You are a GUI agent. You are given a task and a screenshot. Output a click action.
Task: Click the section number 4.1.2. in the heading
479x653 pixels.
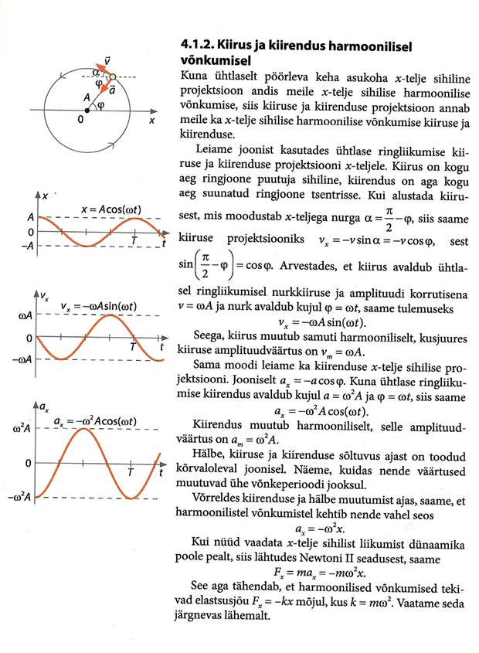[x=190, y=46]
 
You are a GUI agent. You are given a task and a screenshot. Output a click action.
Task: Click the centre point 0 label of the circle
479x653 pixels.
[x=82, y=121]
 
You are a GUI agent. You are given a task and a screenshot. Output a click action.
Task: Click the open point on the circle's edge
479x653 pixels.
[x=113, y=77]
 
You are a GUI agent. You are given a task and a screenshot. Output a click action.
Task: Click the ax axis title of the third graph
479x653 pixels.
[x=44, y=408]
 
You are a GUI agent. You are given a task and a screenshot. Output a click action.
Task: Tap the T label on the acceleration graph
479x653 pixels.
[x=131, y=471]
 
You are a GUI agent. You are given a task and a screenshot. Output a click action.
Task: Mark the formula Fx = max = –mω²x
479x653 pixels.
[x=321, y=574]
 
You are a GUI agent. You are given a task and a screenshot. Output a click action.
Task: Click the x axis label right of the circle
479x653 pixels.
[x=152, y=121]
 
